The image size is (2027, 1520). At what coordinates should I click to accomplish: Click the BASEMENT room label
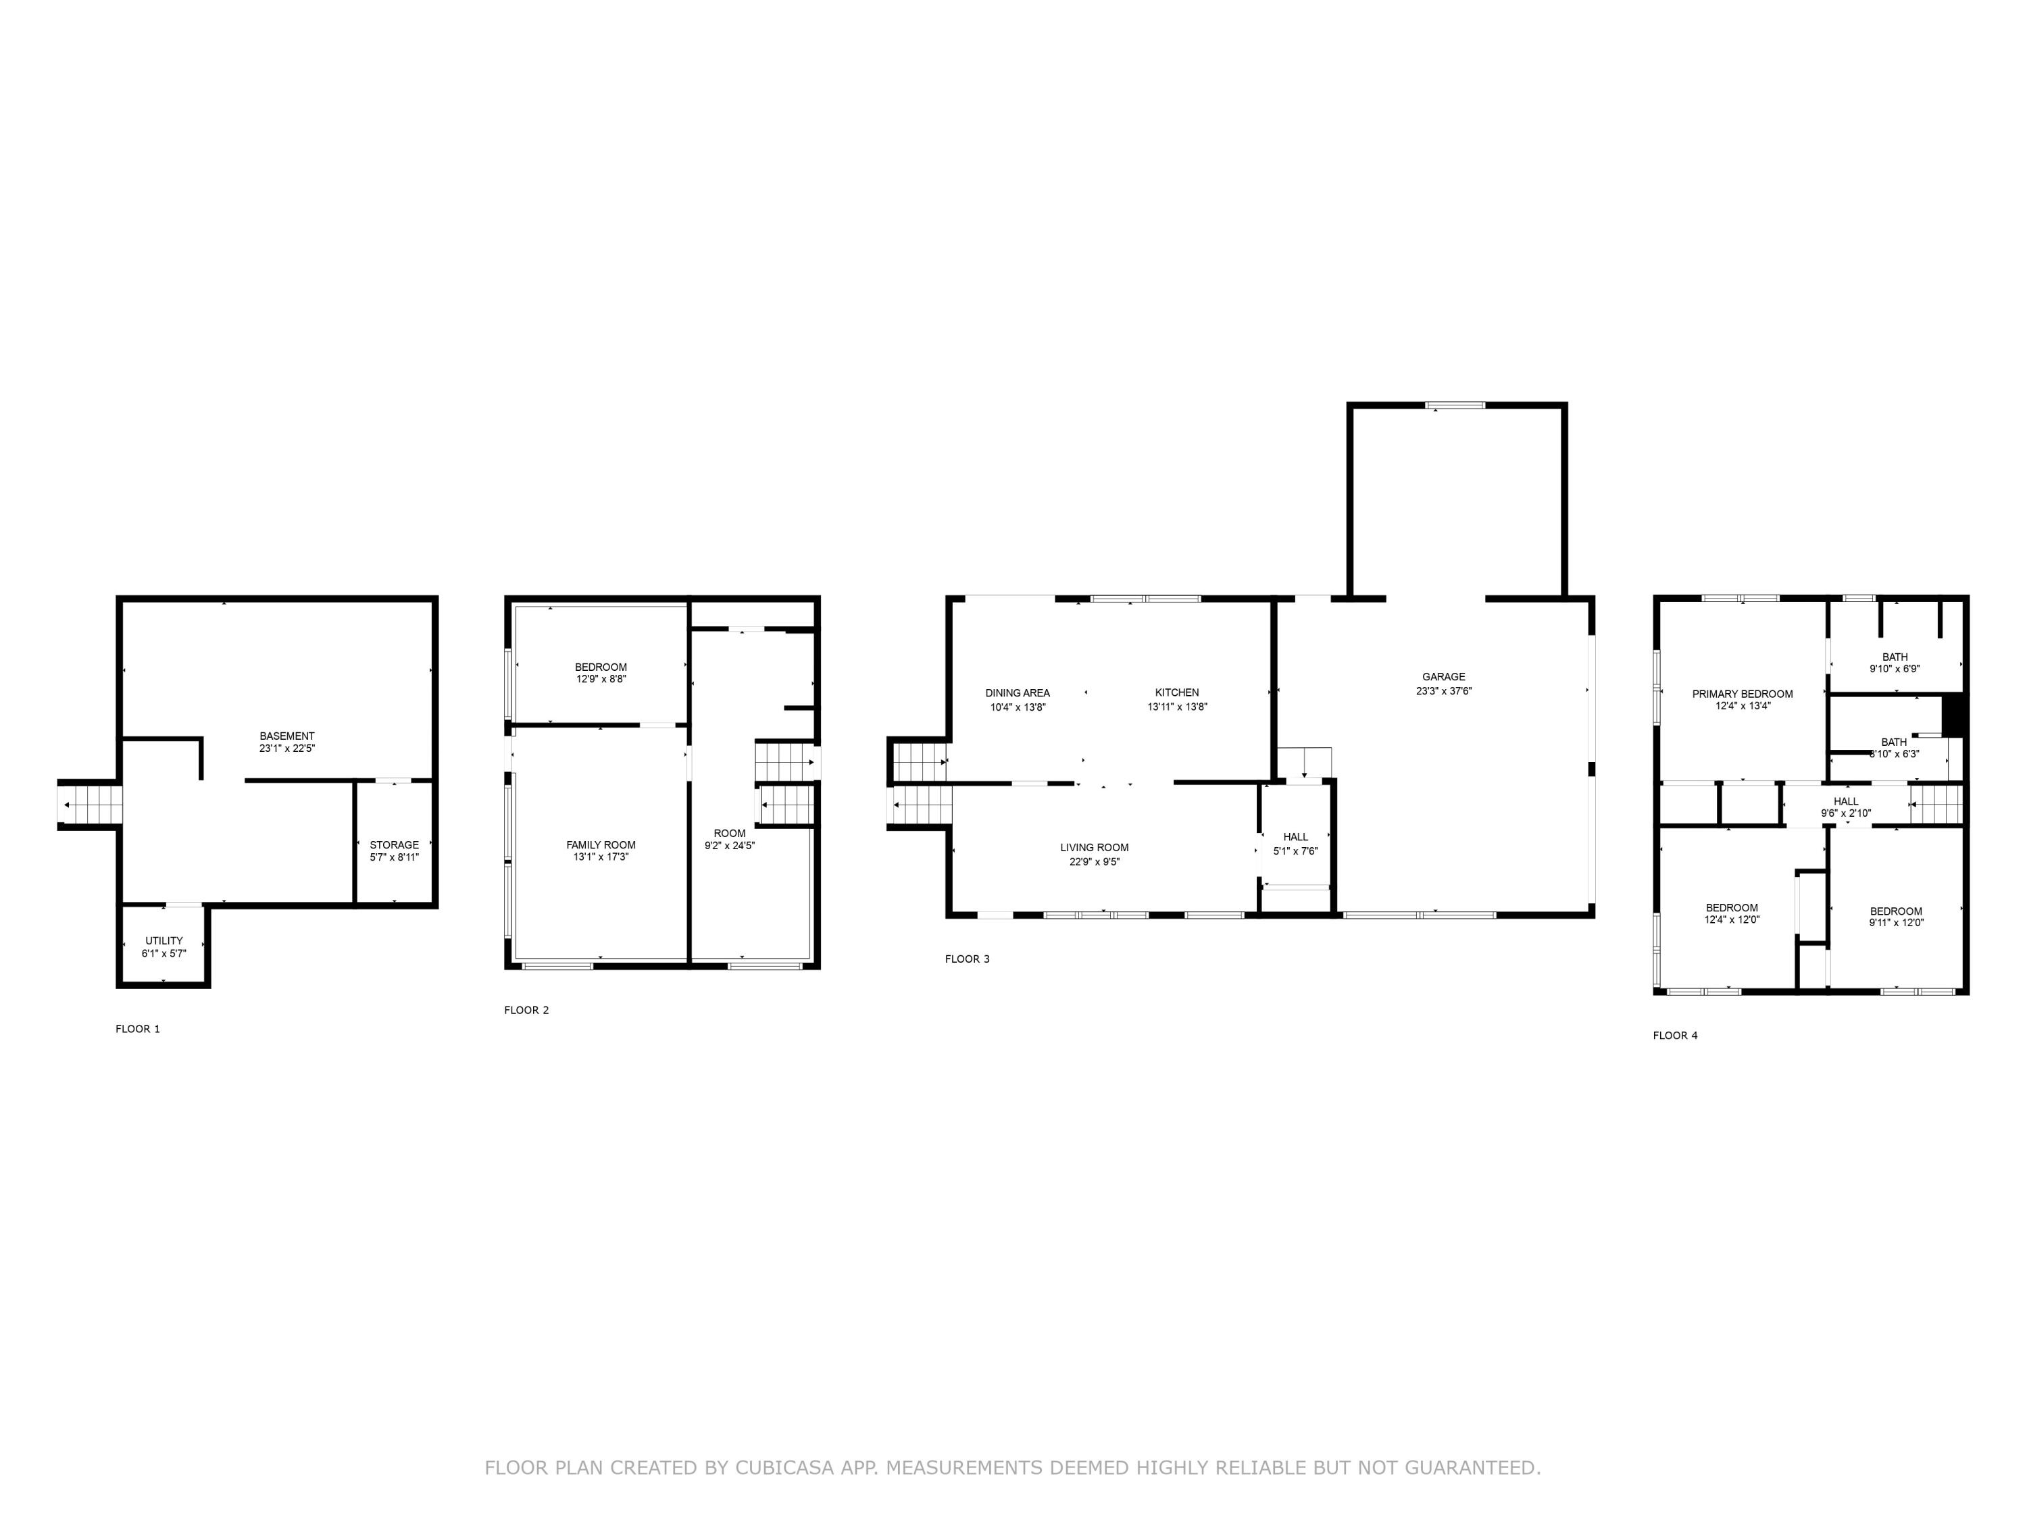(x=287, y=736)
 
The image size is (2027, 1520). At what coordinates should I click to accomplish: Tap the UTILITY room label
(x=164, y=941)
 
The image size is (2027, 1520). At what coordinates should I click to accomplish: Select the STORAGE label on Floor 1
(x=394, y=844)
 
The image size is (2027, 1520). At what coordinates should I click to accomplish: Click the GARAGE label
(x=1443, y=677)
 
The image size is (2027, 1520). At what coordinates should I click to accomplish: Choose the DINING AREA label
(x=1017, y=692)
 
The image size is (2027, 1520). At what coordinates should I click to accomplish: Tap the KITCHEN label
(x=1176, y=692)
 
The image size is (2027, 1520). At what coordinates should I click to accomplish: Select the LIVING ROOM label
(x=1094, y=848)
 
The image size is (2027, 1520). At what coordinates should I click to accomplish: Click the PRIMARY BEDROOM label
(x=1742, y=694)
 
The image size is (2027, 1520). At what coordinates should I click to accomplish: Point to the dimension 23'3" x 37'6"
(x=1443, y=692)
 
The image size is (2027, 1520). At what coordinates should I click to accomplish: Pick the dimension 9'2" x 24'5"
(x=730, y=846)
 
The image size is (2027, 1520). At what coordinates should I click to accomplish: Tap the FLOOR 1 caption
(x=137, y=1029)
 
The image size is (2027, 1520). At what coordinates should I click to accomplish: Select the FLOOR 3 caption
(x=967, y=959)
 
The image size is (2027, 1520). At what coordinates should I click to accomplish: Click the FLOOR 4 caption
(x=1675, y=1036)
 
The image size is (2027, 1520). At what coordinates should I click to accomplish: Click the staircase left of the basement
(x=90, y=805)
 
